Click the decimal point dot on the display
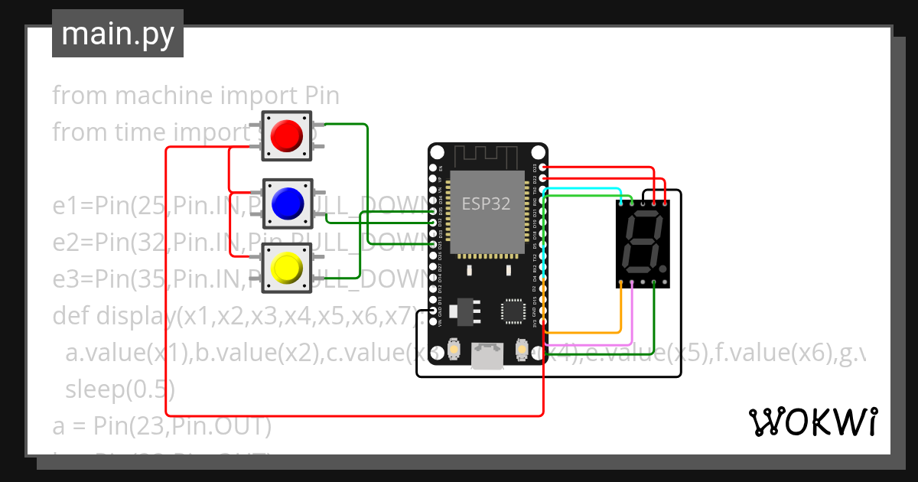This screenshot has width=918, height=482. tap(662, 270)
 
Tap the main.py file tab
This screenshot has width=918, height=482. tap(118, 34)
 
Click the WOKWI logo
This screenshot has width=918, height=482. tap(812, 422)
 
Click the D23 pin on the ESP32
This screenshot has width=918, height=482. tap(542, 168)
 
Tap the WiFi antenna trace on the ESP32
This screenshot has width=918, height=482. tap(487, 156)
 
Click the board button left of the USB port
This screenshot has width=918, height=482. tap(454, 350)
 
